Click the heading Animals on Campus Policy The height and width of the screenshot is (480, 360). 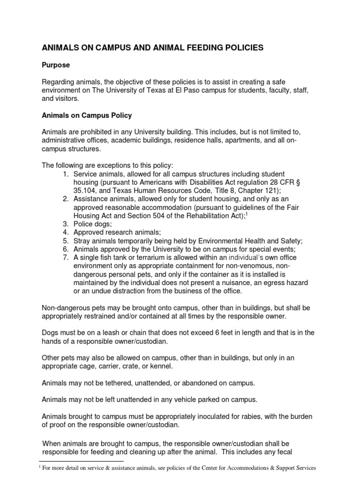pos(87,115)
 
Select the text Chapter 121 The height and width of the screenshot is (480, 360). pos(256,191)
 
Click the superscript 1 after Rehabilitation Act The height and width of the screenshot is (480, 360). pos(247,213)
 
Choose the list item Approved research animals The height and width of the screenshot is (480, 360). pos(117,232)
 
